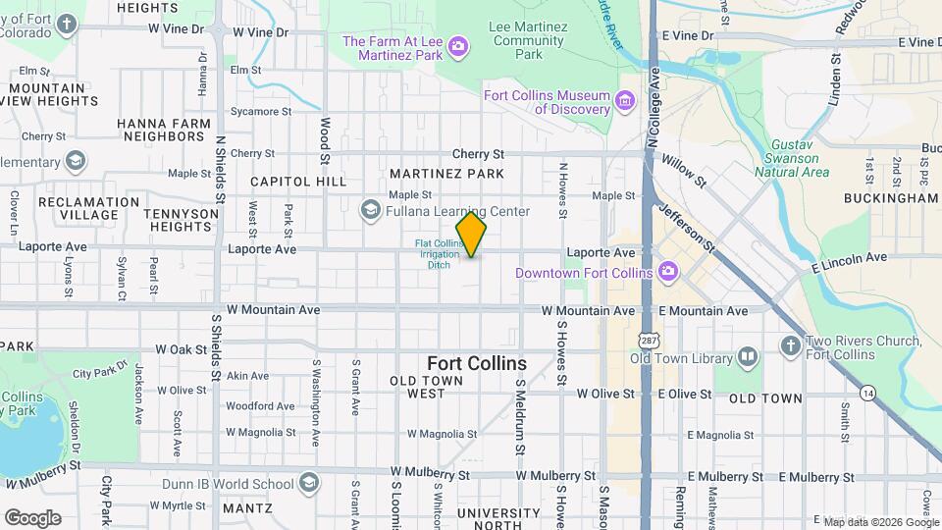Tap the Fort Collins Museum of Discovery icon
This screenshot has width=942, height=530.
(x=623, y=101)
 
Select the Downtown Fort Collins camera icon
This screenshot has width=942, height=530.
(x=668, y=271)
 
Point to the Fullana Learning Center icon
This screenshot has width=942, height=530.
(x=371, y=210)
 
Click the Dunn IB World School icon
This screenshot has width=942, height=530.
(x=309, y=483)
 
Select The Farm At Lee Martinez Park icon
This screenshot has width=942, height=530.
(x=458, y=46)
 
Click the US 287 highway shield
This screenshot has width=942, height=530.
(x=648, y=339)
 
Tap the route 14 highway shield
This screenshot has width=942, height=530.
(x=867, y=393)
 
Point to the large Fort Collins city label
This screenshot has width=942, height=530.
(x=477, y=363)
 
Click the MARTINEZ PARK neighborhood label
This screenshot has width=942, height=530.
(x=446, y=174)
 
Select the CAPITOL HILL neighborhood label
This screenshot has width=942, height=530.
(x=298, y=182)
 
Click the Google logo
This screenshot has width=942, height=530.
(x=31, y=517)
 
